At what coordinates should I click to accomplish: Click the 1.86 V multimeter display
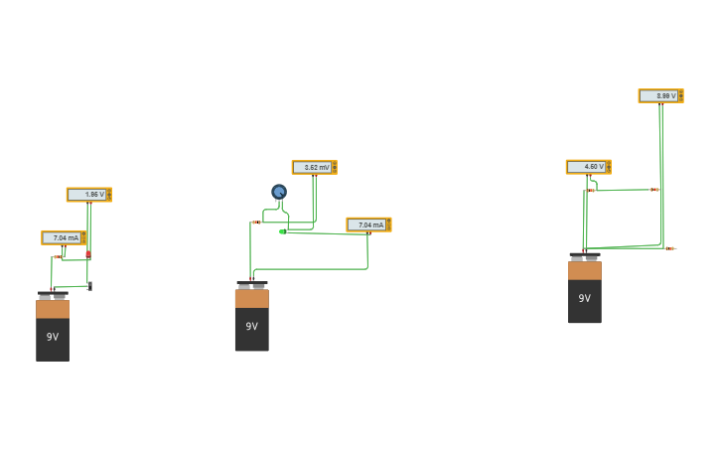pyautogui.click(x=88, y=195)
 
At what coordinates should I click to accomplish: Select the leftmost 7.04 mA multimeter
pyautogui.click(x=63, y=238)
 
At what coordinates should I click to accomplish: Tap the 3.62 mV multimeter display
pyautogui.click(x=314, y=168)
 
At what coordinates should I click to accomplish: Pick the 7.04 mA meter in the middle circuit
pyautogui.click(x=368, y=225)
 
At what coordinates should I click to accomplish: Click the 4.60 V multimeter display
pyautogui.click(x=588, y=167)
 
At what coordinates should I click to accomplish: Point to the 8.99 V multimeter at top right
pyautogui.click(x=660, y=96)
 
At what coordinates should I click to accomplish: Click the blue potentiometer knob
pyautogui.click(x=279, y=192)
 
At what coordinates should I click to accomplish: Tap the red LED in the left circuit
pyautogui.click(x=88, y=254)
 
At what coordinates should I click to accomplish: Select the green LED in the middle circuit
pyautogui.click(x=283, y=231)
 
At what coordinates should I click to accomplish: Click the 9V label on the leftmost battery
pyautogui.click(x=53, y=337)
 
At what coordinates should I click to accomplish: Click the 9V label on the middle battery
pyautogui.click(x=251, y=326)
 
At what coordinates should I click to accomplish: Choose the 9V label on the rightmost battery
pyautogui.click(x=584, y=298)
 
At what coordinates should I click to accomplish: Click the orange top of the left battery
pyautogui.click(x=53, y=309)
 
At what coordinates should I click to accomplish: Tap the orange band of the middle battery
pyautogui.click(x=251, y=298)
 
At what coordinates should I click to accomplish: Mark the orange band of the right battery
pyautogui.click(x=584, y=270)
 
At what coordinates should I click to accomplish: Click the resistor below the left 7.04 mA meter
pyautogui.click(x=57, y=257)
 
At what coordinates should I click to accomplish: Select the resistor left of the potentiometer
pyautogui.click(x=255, y=223)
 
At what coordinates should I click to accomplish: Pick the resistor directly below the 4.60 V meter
pyautogui.click(x=591, y=191)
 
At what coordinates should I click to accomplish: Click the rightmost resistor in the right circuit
pyautogui.click(x=670, y=248)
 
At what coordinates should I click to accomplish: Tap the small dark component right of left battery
pyautogui.click(x=89, y=286)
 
